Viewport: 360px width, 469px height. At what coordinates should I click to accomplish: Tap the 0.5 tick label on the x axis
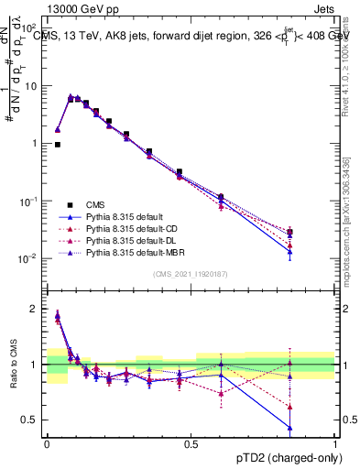pos(191,444)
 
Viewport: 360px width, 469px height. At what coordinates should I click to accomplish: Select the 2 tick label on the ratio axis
pos(35,309)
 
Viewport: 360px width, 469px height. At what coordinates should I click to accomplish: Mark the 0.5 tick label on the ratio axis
pos(31,420)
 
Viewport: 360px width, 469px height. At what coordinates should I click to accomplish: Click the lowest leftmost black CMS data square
pos(58,145)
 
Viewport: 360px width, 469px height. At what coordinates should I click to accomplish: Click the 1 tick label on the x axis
pos(335,444)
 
